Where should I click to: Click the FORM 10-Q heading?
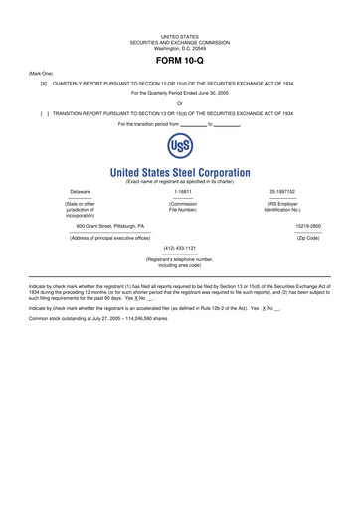179,59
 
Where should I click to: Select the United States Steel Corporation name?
180,172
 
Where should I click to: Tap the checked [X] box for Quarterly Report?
43,84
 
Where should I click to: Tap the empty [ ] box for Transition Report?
43,114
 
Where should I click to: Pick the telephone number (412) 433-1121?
179,248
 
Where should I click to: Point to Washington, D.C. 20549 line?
180,48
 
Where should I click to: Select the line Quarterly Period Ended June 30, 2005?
180,93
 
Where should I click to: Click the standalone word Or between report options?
180,104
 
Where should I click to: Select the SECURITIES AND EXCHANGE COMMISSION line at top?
180,42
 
